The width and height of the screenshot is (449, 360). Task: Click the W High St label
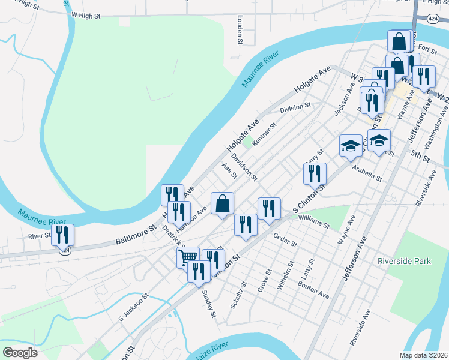85,15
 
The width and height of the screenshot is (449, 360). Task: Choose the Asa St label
229,170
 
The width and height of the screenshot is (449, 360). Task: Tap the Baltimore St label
135,235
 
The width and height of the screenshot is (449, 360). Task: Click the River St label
40,236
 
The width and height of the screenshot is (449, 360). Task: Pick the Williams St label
313,223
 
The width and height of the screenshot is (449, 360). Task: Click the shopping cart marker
188,257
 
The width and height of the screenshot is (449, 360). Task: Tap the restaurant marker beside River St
62,235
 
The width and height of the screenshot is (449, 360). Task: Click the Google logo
20,353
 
